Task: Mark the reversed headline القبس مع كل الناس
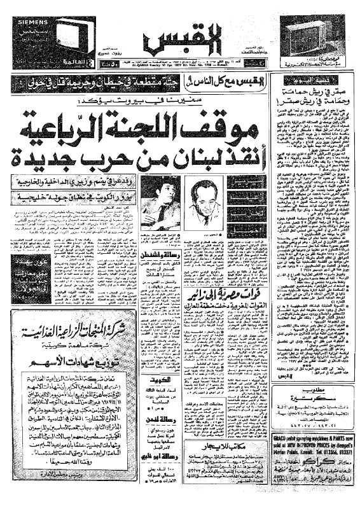[206, 80]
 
